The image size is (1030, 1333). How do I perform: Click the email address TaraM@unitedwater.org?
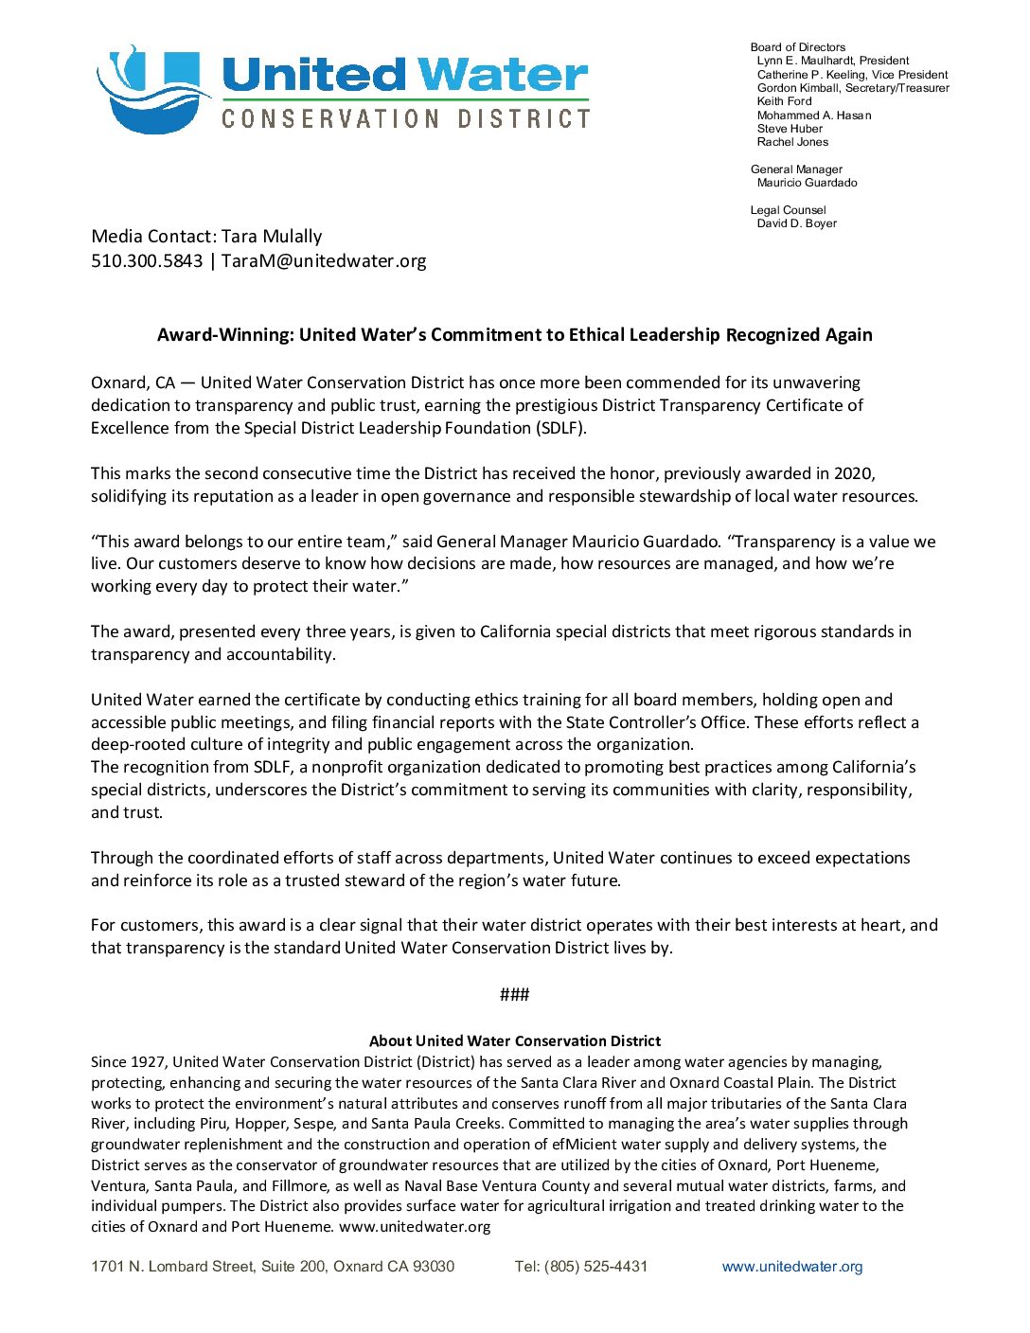coord(324,260)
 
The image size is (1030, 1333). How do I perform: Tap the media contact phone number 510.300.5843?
coord(147,260)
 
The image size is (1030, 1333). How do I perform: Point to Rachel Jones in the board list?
coord(792,142)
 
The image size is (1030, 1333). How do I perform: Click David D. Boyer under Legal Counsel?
coord(796,223)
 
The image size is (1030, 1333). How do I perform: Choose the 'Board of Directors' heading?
coord(797,47)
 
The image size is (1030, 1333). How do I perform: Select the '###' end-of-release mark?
coord(514,994)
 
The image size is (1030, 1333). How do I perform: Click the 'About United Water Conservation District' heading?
coord(514,1040)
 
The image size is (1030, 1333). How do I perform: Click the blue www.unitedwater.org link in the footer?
coord(791,1267)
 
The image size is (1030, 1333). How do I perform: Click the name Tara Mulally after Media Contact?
coord(272,236)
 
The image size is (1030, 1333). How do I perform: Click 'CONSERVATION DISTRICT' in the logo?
coord(405,118)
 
